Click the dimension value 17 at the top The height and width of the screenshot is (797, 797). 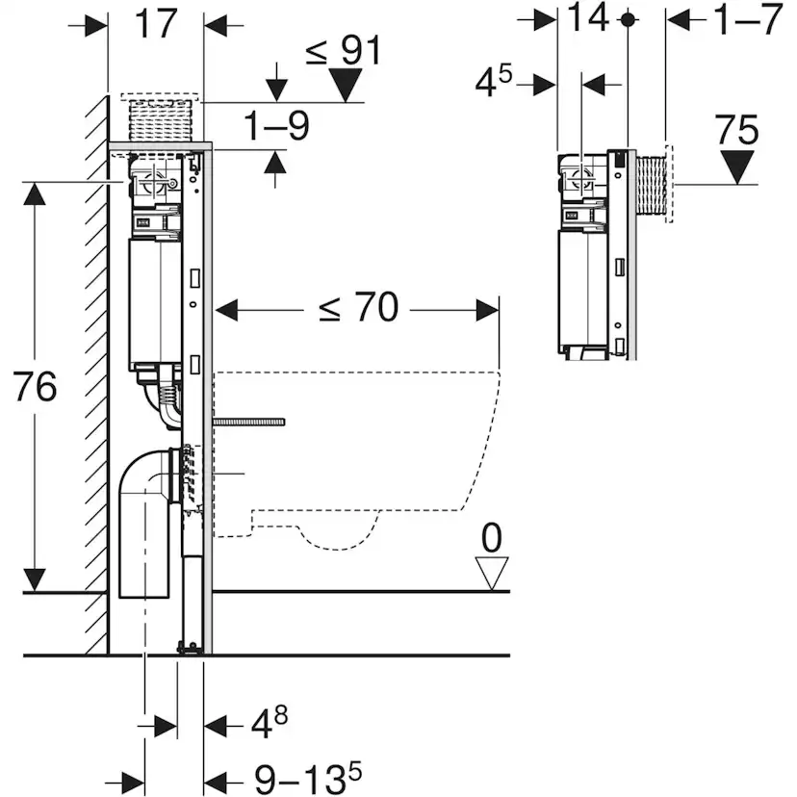tap(156, 24)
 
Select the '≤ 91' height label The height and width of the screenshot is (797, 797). tap(344, 50)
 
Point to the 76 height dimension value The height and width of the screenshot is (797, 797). tap(36, 387)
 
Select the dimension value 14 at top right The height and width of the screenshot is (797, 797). tap(588, 19)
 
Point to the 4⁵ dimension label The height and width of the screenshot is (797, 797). tap(498, 83)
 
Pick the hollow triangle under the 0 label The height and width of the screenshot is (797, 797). tap(492, 576)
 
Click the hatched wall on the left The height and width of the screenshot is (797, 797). tap(94, 385)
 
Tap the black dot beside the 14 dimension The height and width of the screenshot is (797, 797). tap(628, 19)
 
